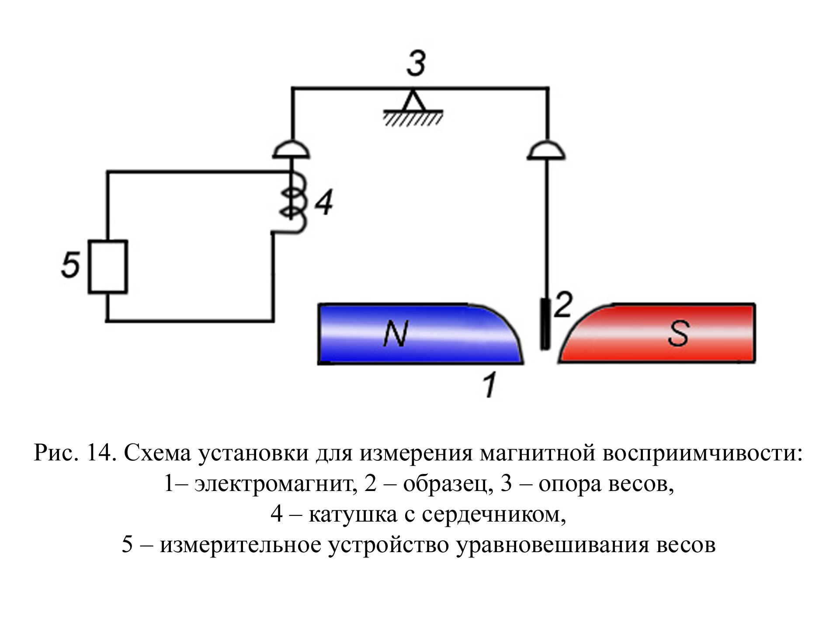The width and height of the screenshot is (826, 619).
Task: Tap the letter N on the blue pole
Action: point(396,334)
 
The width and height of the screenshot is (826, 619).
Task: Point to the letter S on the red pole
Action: point(678,334)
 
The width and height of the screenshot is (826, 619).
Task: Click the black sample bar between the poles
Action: point(545,324)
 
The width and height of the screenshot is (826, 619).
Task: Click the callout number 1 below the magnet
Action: point(490,384)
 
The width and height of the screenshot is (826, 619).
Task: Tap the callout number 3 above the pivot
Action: point(416,64)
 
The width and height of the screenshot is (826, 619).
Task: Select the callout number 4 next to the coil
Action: point(324,202)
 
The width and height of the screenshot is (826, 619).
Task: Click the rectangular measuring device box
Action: point(108,266)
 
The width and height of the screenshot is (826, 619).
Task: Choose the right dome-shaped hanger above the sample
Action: point(547,149)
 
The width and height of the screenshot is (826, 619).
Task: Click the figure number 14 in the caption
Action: point(101,453)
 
